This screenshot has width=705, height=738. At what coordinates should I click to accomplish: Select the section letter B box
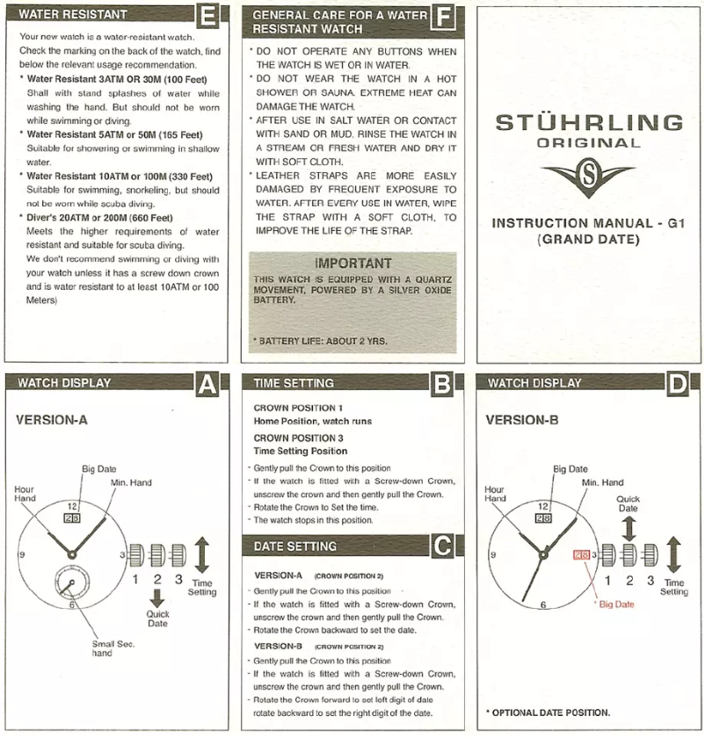[x=442, y=384]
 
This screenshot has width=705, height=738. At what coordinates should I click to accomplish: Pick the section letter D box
[x=678, y=384]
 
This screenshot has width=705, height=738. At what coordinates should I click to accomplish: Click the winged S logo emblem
[x=588, y=179]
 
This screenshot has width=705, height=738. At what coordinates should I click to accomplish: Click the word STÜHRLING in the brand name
[x=588, y=123]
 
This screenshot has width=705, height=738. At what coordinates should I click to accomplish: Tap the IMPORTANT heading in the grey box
[x=352, y=264]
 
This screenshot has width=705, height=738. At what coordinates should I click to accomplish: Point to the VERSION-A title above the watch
[x=52, y=420]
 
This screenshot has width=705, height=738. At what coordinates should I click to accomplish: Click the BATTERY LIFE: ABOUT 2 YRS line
[x=320, y=340]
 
